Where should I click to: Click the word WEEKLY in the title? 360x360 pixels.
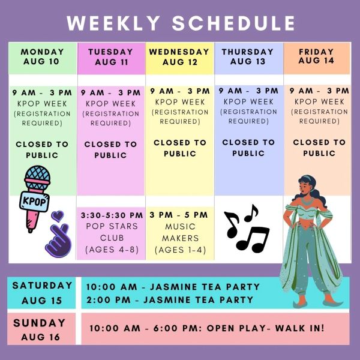click(113, 23)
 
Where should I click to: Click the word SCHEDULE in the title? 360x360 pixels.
click(233, 23)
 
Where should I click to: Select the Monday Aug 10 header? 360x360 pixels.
click(42, 57)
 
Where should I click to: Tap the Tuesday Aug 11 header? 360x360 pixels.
click(111, 57)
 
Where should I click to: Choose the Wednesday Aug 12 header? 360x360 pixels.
click(179, 57)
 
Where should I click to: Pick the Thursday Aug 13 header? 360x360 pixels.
click(248, 56)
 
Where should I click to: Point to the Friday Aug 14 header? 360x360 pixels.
click(316, 56)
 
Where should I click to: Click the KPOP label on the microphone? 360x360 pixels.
click(34, 202)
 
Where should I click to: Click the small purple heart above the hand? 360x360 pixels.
click(58, 216)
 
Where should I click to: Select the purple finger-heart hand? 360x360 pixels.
click(59, 240)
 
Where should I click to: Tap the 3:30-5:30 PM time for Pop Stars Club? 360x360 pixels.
click(112, 215)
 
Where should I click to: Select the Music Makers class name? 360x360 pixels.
click(180, 232)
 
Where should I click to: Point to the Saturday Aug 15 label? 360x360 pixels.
click(42, 293)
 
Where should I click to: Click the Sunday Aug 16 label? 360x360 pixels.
click(40, 329)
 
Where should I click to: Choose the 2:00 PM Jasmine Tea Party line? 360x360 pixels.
click(170, 300)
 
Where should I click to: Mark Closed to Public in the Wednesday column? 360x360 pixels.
click(180, 148)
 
